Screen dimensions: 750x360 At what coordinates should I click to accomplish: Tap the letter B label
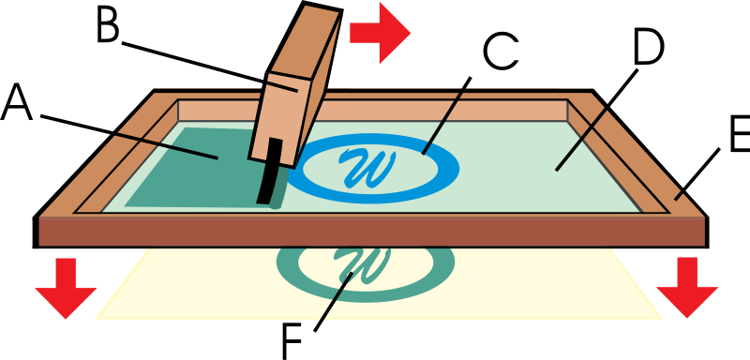109,22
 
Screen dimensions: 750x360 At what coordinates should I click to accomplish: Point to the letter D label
649,47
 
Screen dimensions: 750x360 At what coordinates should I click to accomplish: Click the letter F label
292,342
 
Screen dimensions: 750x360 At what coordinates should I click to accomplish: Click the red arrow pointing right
381,33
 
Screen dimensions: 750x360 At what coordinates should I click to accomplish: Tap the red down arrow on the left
66,288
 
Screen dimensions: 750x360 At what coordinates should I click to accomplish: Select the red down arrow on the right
687,288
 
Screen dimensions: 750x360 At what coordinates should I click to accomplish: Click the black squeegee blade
270,172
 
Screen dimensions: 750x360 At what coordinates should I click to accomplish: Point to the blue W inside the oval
367,169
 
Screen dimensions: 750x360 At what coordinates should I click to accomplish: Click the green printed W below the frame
362,265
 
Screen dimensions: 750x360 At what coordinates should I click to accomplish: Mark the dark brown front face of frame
370,232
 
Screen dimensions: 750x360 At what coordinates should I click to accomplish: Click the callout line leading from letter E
697,173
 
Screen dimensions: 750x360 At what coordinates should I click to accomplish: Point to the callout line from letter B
210,67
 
